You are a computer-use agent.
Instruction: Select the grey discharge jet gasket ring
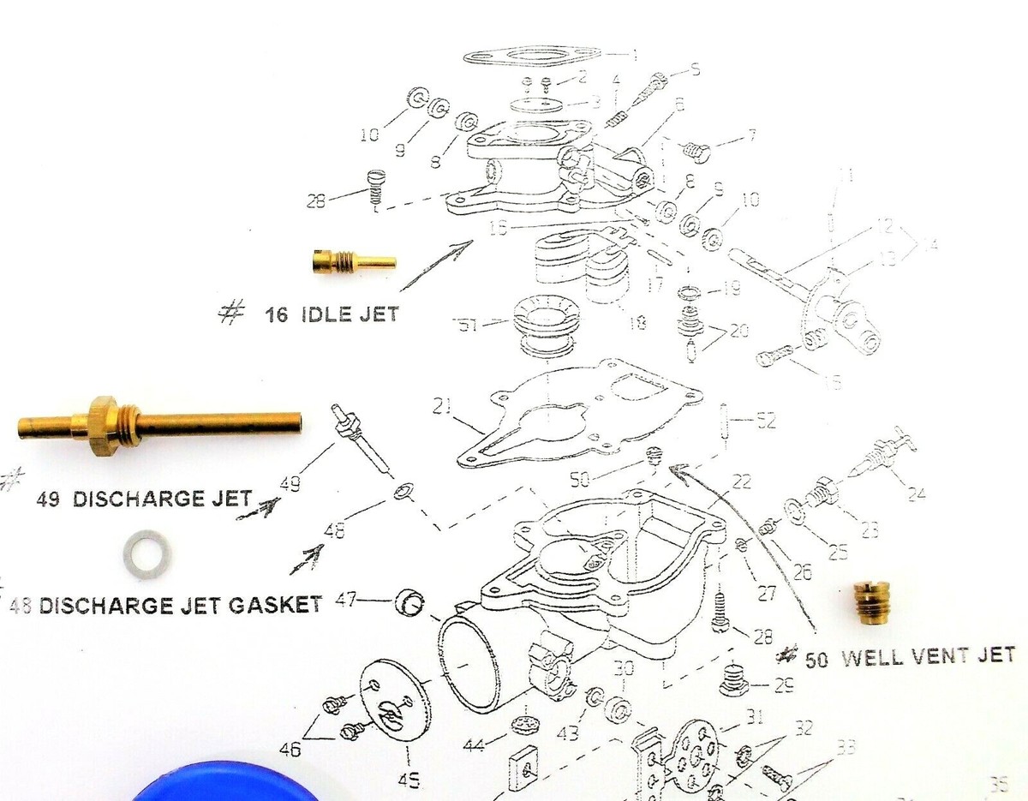[147, 553]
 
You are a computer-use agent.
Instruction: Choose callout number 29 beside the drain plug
[782, 684]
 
